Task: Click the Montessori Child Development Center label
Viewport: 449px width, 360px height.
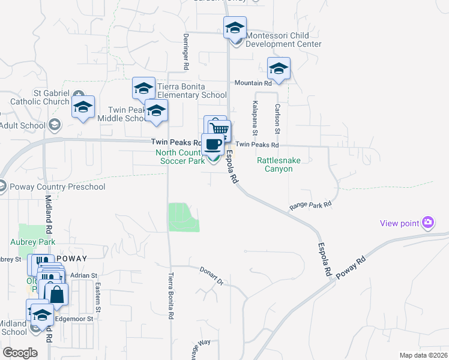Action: pyautogui.click(x=284, y=40)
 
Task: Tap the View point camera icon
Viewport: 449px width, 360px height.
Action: pyautogui.click(x=428, y=223)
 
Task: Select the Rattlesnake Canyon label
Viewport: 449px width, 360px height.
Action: pyautogui.click(x=275, y=164)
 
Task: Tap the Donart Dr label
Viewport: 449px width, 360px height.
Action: pyautogui.click(x=211, y=275)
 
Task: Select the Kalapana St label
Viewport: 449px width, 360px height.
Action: pyautogui.click(x=255, y=118)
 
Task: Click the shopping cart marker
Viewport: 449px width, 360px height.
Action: pyautogui.click(x=220, y=129)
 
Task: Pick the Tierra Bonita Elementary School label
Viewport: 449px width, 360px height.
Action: pyautogui.click(x=192, y=91)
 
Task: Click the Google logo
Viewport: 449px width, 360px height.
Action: pyautogui.click(x=20, y=352)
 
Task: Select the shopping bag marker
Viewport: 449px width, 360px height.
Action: pyautogui.click(x=56, y=295)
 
